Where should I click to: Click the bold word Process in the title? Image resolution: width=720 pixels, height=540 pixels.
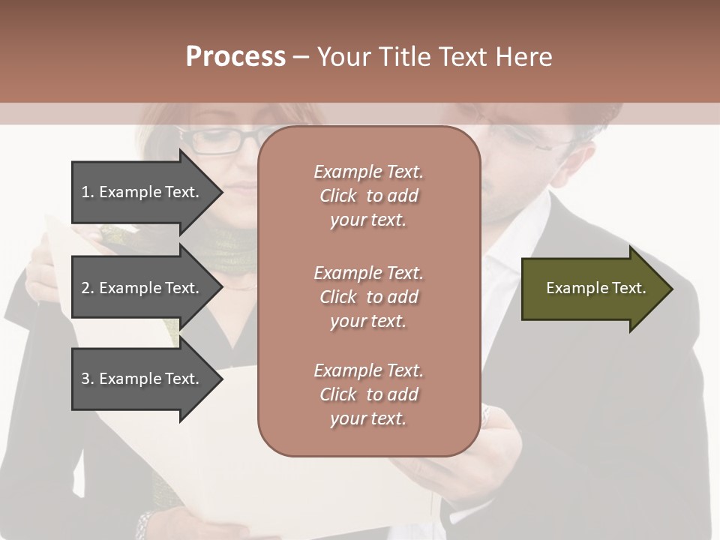coord(235,57)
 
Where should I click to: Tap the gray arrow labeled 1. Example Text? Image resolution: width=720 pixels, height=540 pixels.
coord(142,192)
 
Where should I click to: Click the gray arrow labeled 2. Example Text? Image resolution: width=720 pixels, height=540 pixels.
coord(142,288)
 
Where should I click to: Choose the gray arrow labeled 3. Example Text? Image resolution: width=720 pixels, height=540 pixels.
coord(142,379)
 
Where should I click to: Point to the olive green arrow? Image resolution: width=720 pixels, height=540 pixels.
coord(592,289)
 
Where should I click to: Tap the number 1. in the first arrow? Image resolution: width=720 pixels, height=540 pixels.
coord(88,192)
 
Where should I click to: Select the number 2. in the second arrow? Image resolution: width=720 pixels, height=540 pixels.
coord(88,288)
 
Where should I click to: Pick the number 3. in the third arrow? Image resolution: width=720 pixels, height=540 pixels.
coord(88,379)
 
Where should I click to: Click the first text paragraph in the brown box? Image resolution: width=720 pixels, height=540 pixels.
coord(368,196)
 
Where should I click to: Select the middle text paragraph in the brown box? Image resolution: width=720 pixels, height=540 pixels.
coord(368,296)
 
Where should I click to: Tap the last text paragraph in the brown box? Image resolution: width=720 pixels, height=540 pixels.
coord(368,394)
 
